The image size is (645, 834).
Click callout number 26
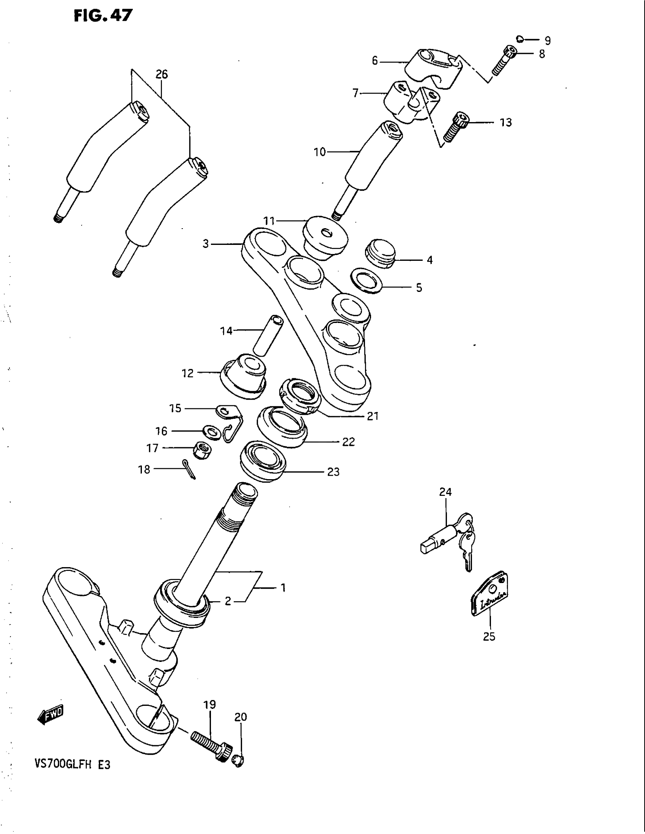point(162,74)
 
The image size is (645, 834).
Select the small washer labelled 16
point(211,432)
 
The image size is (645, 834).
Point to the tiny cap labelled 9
point(519,39)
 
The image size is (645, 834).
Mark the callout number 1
point(283,588)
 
